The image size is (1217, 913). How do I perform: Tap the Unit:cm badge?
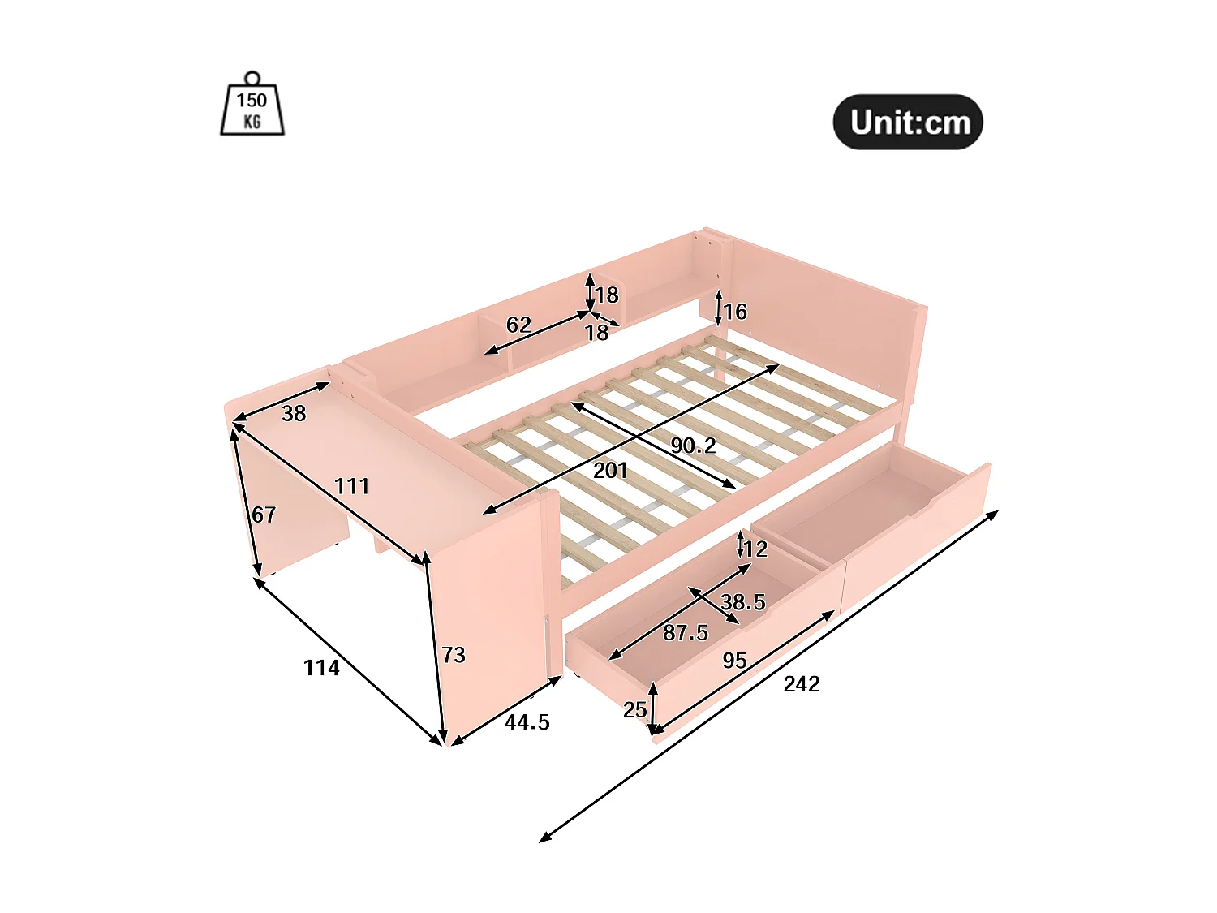coord(908,123)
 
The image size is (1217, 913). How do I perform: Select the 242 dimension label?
coord(802,684)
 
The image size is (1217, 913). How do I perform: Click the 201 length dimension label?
coord(610,471)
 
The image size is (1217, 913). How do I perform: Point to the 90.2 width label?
coord(693,446)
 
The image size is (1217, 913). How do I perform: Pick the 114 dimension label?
coord(321,668)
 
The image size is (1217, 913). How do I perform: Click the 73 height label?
coord(454,655)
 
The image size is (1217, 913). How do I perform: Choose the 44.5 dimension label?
coord(527,722)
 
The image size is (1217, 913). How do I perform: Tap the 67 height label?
coord(264,515)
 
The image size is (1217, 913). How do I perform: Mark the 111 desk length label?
coord(352,486)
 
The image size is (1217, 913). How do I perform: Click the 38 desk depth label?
coord(294,414)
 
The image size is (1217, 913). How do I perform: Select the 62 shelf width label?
coord(518,325)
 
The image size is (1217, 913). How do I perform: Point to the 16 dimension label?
coord(735,312)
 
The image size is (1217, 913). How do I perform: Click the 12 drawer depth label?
coord(755,549)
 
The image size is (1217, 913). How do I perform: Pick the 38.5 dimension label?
coord(743,602)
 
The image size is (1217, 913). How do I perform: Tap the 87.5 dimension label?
coord(686,633)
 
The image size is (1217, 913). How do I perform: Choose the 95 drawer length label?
coord(734,661)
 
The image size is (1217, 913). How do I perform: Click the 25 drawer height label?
coord(635,710)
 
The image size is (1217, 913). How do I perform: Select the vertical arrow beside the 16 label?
coord(718,308)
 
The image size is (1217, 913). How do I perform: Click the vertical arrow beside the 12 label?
coord(740,544)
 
